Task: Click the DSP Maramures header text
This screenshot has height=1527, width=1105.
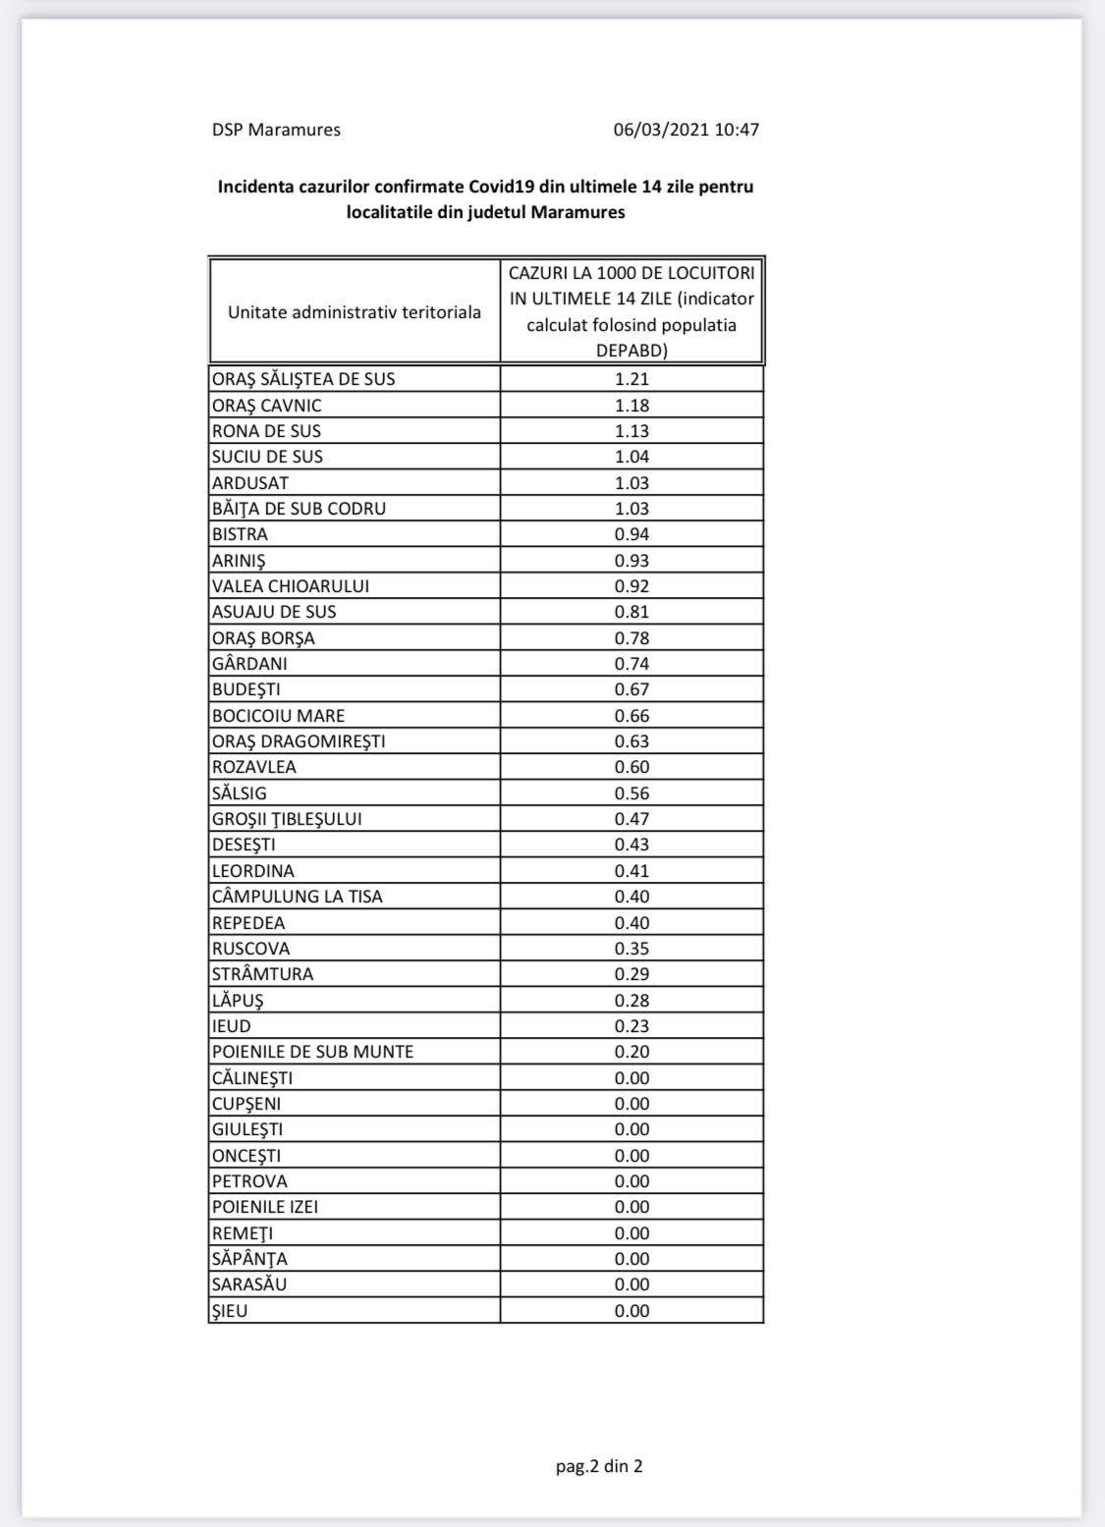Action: click(x=276, y=130)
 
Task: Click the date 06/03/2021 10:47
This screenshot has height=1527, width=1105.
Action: click(x=686, y=130)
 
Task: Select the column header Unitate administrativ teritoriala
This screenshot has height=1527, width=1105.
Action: click(x=355, y=312)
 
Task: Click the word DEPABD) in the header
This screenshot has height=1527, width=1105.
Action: click(x=632, y=351)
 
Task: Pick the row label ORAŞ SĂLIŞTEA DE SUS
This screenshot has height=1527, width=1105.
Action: click(x=304, y=379)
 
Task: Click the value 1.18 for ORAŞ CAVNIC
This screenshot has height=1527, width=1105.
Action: click(x=632, y=406)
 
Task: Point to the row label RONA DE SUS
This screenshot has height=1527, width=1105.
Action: click(x=266, y=431)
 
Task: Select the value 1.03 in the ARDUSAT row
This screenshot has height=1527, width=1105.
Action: click(x=632, y=483)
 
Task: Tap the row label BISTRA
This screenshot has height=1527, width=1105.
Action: click(x=240, y=534)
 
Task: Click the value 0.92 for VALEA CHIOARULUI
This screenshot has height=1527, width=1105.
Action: click(x=632, y=586)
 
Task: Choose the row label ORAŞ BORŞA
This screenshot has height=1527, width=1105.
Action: click(x=263, y=638)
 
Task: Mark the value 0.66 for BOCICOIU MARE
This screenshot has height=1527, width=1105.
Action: click(x=632, y=716)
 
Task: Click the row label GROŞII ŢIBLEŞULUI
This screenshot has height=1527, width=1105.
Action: click(x=287, y=819)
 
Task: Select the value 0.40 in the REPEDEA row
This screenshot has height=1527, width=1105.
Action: click(x=632, y=923)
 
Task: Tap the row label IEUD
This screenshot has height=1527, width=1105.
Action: click(x=231, y=1026)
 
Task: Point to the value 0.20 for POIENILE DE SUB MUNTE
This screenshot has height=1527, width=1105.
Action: click(x=632, y=1052)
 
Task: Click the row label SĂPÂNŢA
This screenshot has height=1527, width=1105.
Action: click(x=249, y=1259)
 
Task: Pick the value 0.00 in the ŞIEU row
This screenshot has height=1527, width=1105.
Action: click(x=632, y=1311)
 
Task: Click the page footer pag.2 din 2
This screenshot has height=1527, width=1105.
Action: click(x=599, y=1466)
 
